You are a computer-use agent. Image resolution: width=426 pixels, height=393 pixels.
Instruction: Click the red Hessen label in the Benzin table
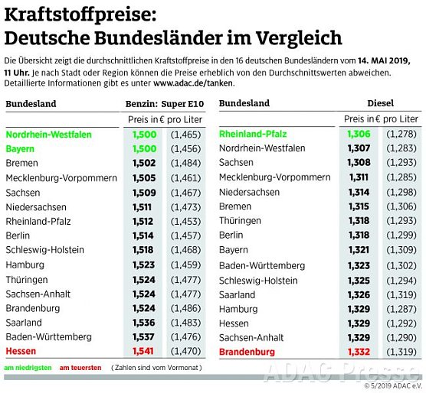coord(22,351)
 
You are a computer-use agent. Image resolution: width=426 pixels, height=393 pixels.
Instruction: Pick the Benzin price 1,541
coord(143,351)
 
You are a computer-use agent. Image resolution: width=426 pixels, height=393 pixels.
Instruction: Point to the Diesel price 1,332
coord(359,352)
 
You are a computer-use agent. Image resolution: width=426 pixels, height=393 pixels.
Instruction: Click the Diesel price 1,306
coord(359,134)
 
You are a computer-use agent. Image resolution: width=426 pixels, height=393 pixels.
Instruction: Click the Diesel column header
coord(380,103)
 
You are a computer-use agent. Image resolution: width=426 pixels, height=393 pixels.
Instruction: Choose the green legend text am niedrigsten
coord(27,368)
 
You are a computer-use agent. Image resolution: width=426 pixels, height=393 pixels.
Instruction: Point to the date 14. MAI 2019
coord(382,59)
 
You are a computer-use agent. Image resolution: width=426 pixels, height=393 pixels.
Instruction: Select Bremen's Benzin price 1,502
coord(143,163)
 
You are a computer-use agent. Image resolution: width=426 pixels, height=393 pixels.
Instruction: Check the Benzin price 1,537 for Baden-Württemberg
coord(143,336)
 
